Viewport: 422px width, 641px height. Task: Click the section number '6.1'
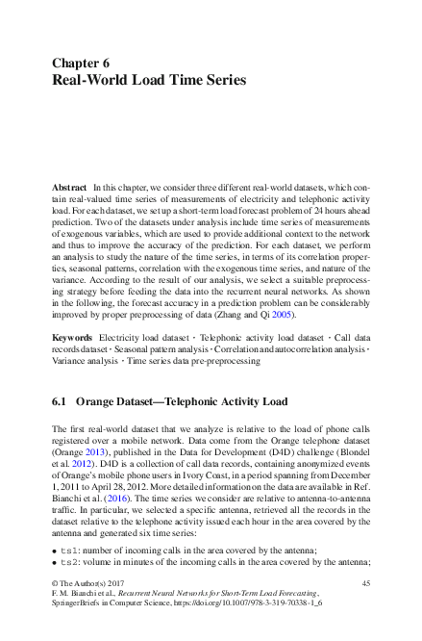click(x=59, y=399)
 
